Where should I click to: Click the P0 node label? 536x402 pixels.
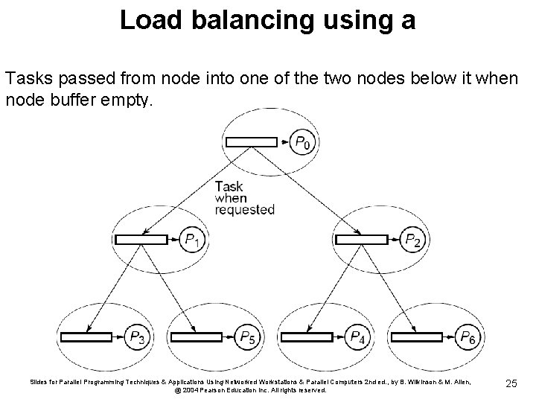coord(302,142)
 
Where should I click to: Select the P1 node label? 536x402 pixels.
coord(191,240)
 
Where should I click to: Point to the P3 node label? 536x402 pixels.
coord(138,337)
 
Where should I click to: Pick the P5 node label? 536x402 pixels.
coord(249,337)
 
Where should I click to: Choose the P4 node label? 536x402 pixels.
coord(358,337)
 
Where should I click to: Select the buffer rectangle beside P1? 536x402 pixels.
coord(141,240)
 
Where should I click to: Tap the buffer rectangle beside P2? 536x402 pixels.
coord(362,240)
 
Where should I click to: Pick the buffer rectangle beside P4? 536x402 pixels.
coord(309,337)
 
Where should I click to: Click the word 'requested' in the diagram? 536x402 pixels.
coord(244,210)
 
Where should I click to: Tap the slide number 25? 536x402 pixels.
coord(511,383)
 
